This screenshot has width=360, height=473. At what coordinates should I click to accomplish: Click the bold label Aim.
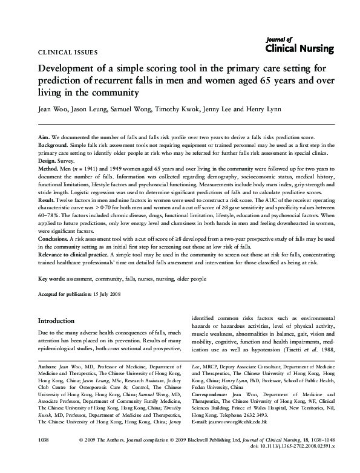pos(44,139)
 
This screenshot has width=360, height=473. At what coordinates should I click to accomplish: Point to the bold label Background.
pos(54,146)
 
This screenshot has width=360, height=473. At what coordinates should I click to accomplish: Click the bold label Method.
pos(50,170)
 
